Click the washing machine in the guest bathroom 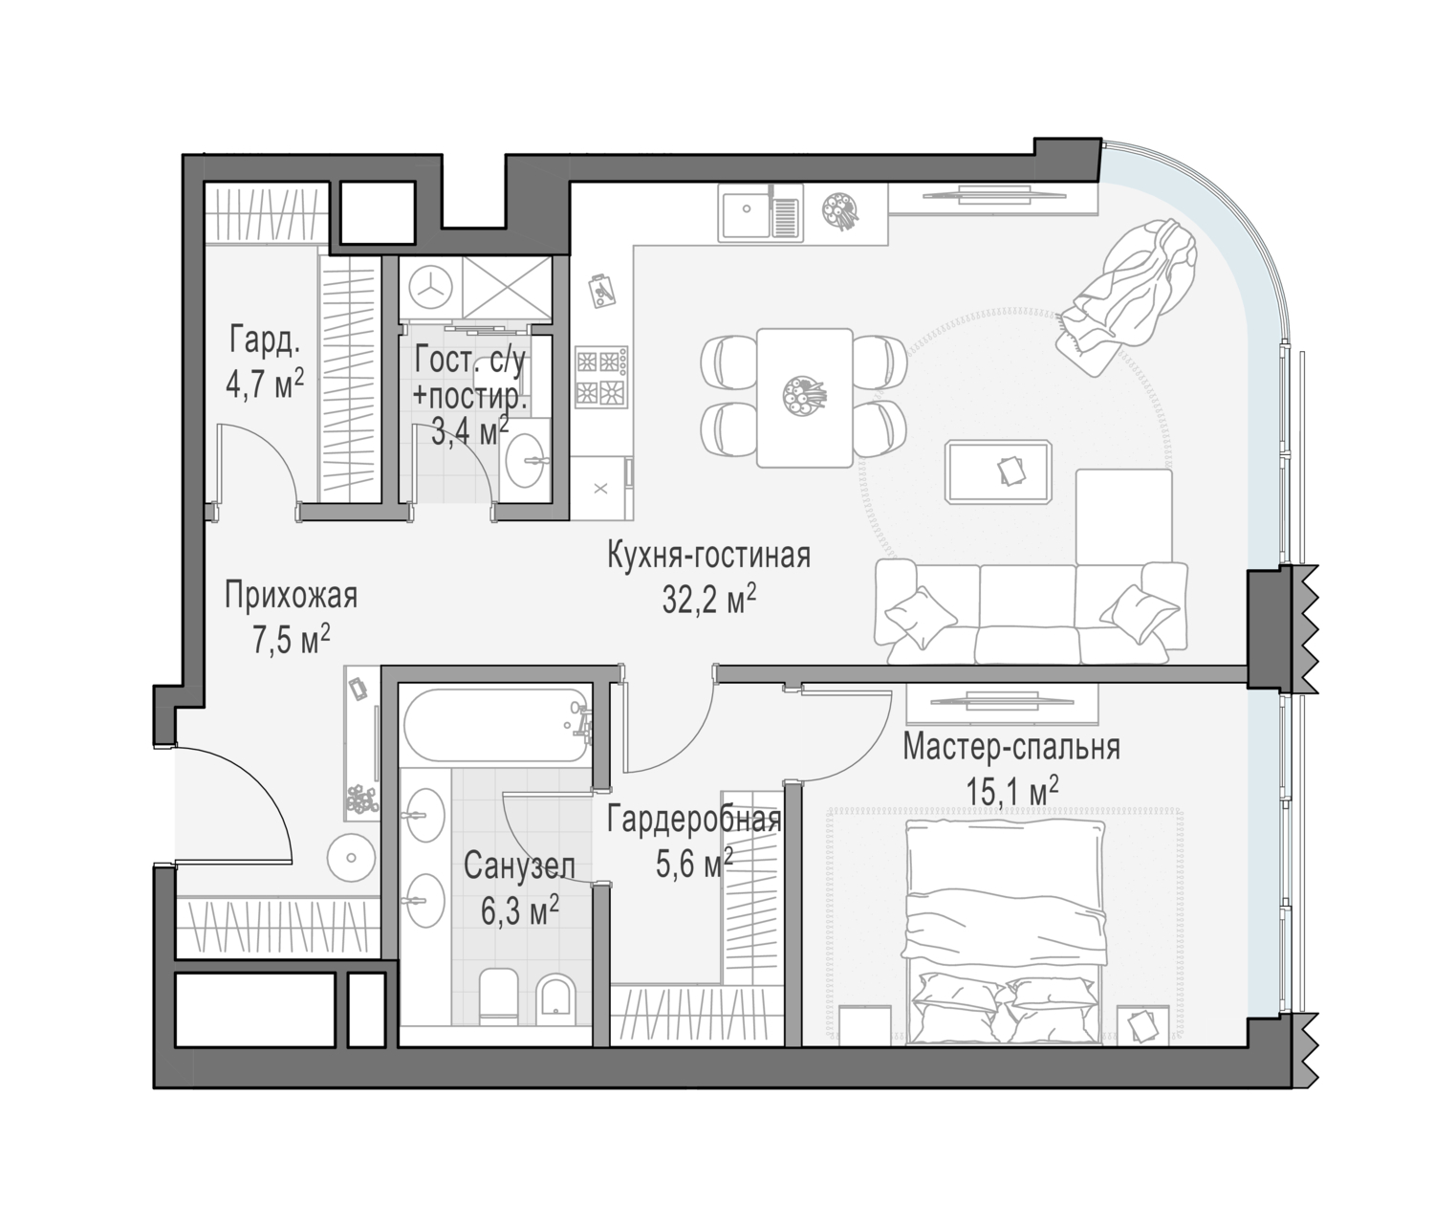430,288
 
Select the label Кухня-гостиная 708,556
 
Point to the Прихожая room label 292,596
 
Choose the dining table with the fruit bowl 804,398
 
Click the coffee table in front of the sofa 999,472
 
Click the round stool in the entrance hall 351,858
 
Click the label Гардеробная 694,821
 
